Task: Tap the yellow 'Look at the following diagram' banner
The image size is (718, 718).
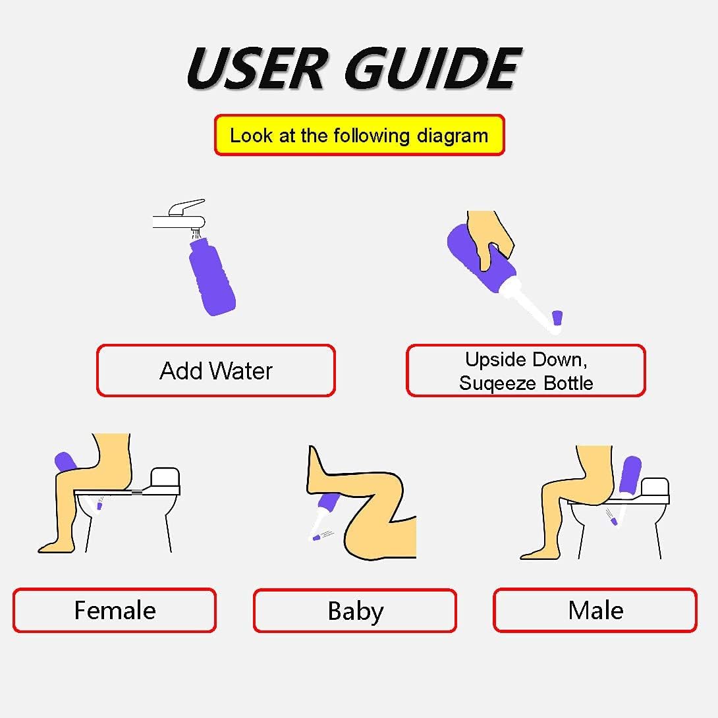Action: [x=359, y=136]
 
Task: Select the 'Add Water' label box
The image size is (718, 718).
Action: [x=216, y=371]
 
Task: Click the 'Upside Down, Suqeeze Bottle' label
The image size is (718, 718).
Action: [x=526, y=371]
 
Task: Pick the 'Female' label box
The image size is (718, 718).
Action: [x=115, y=611]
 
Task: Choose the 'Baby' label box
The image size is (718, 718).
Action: [x=355, y=611]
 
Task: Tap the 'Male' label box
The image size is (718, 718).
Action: [x=595, y=611]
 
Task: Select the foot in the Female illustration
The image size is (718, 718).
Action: [x=53, y=546]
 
